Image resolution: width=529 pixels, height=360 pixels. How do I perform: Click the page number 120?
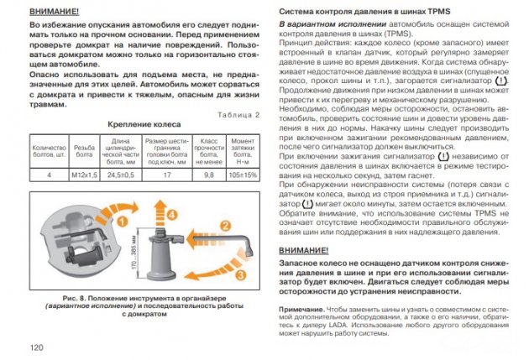pos(35,347)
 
